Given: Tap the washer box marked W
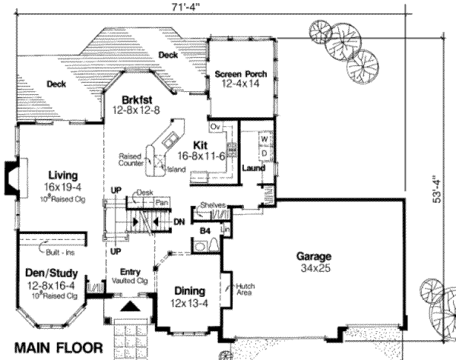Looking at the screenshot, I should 264,140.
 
